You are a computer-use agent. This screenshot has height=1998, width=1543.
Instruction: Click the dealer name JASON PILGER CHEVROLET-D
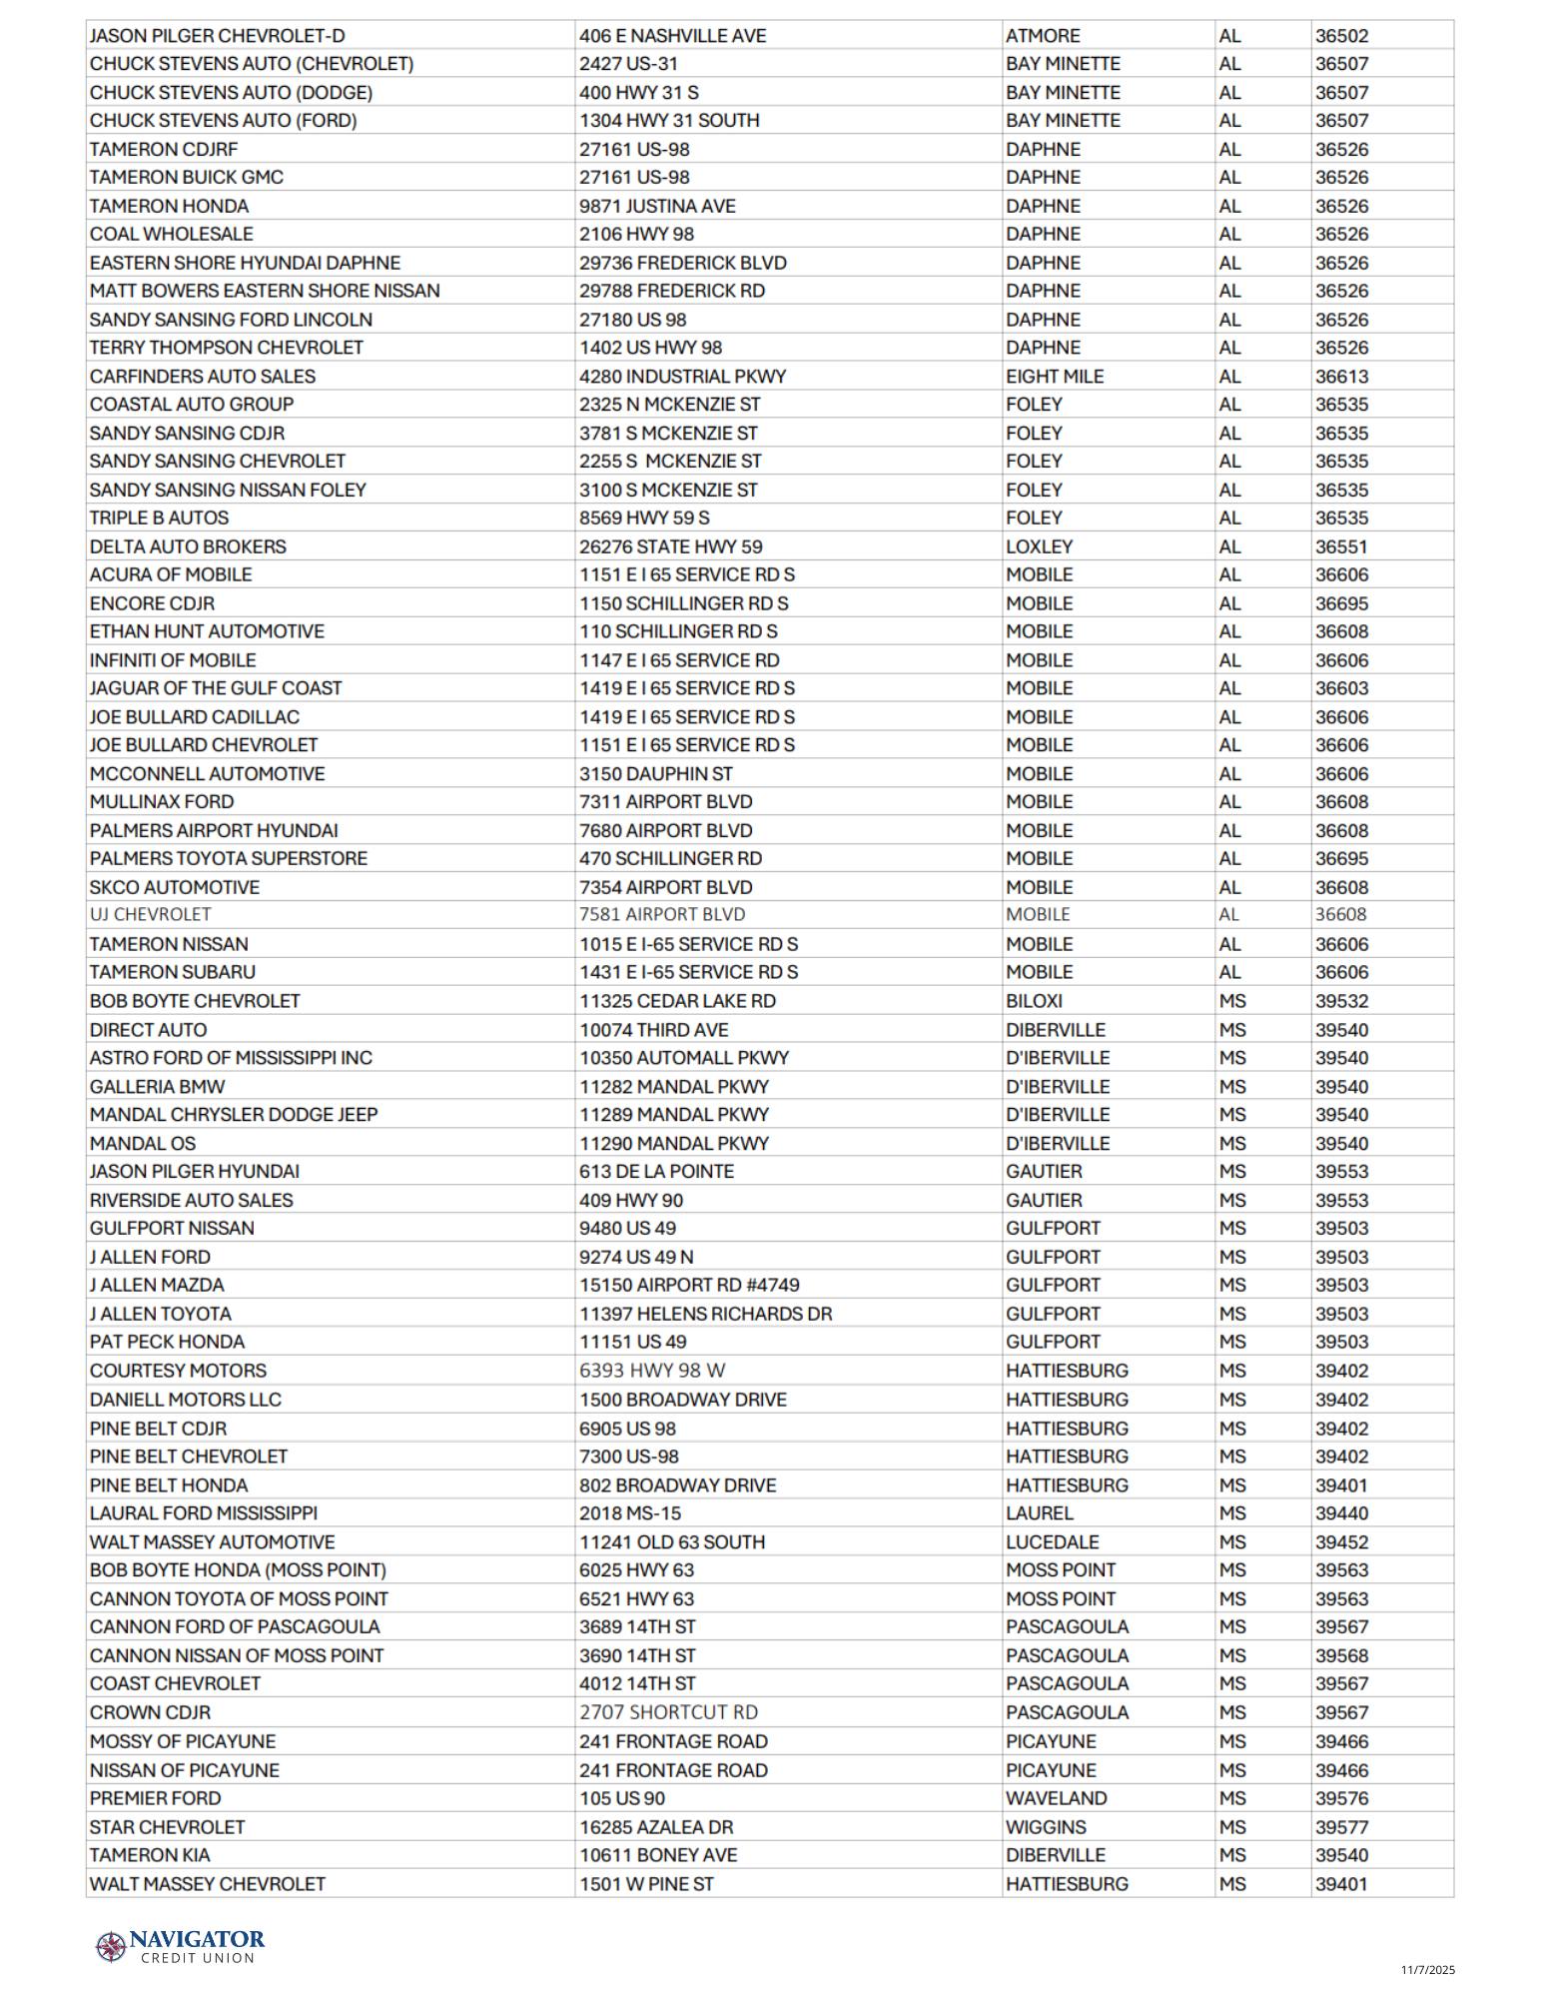[217, 36]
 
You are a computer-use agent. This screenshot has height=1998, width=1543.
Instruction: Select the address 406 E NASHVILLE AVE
[672, 36]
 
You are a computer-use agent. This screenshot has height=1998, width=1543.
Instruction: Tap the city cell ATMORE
[1043, 36]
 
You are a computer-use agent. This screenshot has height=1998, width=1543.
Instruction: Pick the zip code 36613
[1341, 377]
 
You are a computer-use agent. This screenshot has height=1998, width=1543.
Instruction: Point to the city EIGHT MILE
[1055, 377]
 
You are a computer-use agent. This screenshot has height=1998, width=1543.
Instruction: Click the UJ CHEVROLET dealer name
[150, 914]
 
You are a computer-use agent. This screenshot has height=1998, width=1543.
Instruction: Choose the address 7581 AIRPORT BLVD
[662, 914]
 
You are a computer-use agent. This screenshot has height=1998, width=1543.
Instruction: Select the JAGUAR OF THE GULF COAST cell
[215, 688]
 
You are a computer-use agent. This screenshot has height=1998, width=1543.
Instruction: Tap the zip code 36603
[1341, 688]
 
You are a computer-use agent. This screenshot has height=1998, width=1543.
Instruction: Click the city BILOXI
[1034, 1001]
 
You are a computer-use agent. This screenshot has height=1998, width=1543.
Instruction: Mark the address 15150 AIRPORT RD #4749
[689, 1285]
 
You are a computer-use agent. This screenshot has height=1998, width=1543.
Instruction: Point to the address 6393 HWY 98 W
[652, 1371]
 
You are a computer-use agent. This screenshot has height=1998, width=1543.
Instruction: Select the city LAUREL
[1040, 1513]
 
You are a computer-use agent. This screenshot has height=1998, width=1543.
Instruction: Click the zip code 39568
[1341, 1655]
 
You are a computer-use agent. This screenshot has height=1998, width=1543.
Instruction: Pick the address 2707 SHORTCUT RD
[668, 1712]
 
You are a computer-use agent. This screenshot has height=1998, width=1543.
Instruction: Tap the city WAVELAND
[1056, 1798]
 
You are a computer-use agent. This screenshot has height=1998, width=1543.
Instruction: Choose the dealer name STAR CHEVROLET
[167, 1827]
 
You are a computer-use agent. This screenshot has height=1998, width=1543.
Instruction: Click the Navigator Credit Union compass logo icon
[110, 1946]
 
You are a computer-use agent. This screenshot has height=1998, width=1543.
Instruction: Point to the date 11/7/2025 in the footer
[1427, 1970]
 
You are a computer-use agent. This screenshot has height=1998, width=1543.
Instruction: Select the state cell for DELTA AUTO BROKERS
[1229, 546]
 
